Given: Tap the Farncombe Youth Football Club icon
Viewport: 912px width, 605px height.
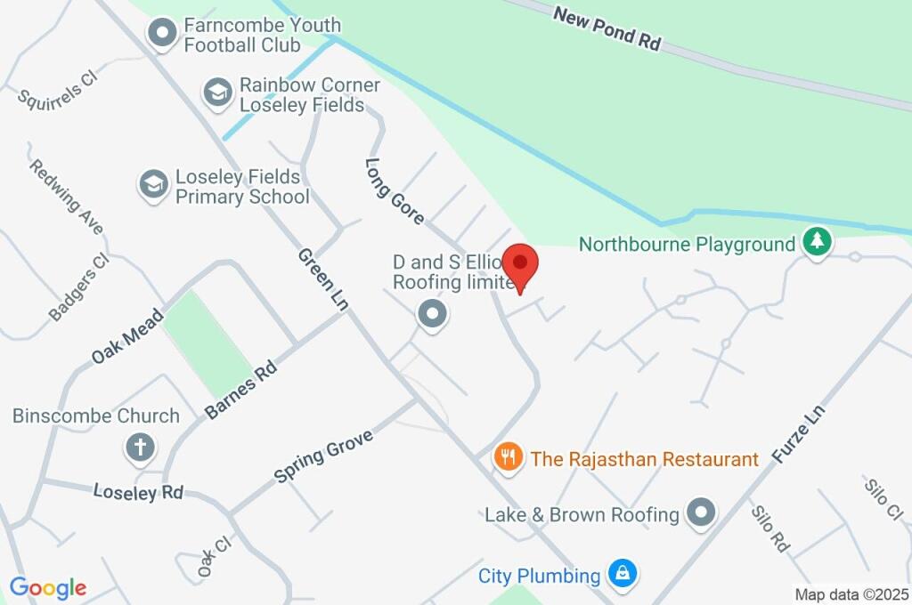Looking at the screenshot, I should [162, 34].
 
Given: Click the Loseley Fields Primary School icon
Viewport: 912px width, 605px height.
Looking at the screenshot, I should [153, 185].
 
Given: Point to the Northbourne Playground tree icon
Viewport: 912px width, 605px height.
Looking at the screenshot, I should [816, 241].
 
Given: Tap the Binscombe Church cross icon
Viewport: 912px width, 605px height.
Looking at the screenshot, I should [140, 447].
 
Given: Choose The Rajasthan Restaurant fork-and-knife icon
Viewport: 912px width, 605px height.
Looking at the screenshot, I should [508, 458].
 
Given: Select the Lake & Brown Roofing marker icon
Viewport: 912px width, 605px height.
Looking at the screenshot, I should [702, 512].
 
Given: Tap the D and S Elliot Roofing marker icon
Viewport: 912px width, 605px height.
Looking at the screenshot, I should [433, 313].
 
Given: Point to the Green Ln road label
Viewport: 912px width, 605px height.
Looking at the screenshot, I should [322, 278].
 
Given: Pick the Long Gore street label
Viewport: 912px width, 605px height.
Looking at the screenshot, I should [395, 190].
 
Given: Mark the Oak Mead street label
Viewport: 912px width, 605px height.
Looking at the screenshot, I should [127, 335].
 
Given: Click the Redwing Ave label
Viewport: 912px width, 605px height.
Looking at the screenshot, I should [66, 196].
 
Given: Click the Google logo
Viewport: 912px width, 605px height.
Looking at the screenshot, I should [47, 587].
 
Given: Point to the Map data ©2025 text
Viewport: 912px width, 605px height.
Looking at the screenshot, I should [851, 593].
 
